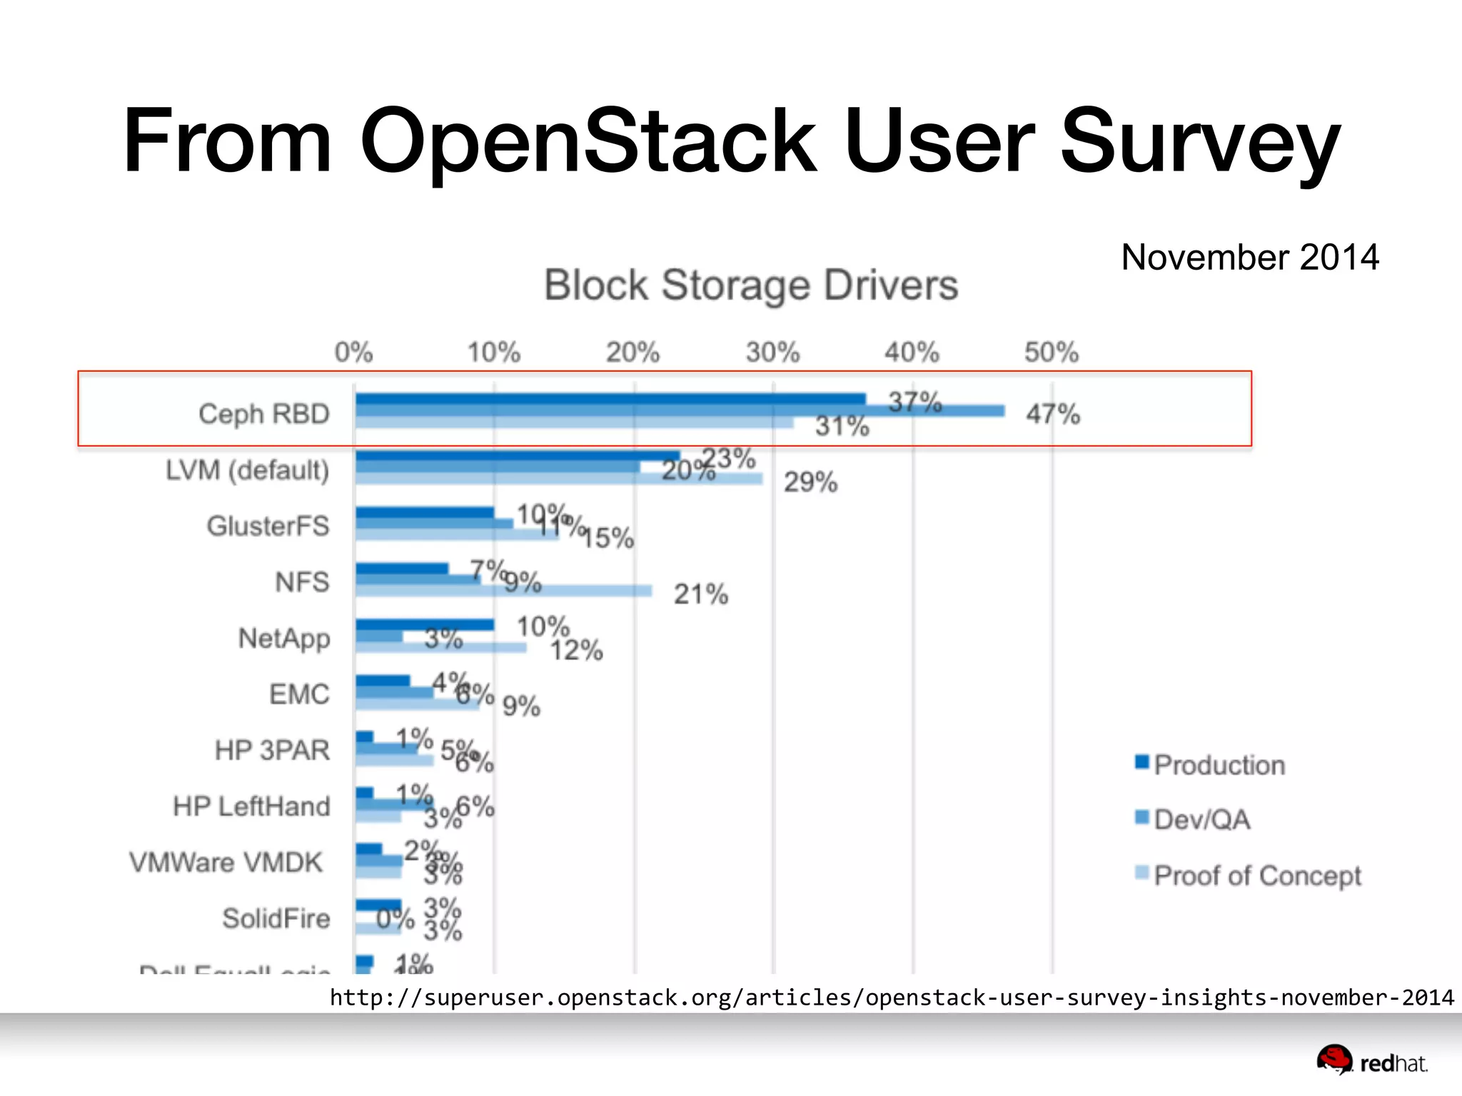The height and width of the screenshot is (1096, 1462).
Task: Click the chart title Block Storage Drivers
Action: coord(750,285)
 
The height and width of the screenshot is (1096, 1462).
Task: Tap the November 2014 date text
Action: coord(1249,257)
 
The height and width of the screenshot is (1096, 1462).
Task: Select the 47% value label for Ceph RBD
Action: coord(1053,414)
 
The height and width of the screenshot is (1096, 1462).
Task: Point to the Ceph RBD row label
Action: coord(263,414)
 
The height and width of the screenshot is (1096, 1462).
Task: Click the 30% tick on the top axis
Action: coord(772,352)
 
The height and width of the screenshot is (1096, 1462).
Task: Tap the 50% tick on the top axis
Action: coord(1051,352)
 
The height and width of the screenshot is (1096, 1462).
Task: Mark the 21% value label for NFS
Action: coord(700,594)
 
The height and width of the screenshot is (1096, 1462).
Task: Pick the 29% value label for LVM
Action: coord(810,482)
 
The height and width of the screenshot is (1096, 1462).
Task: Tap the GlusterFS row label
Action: coord(268,526)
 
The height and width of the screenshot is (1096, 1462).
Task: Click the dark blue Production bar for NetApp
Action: coord(425,625)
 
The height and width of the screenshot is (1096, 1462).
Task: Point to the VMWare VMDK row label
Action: coord(226,862)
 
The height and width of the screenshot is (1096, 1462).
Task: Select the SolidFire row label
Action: coord(276,918)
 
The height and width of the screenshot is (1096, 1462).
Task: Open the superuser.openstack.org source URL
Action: coord(891,997)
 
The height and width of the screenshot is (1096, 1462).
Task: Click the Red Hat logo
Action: coord(1371,1061)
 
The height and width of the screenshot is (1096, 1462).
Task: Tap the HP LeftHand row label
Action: coord(251,806)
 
